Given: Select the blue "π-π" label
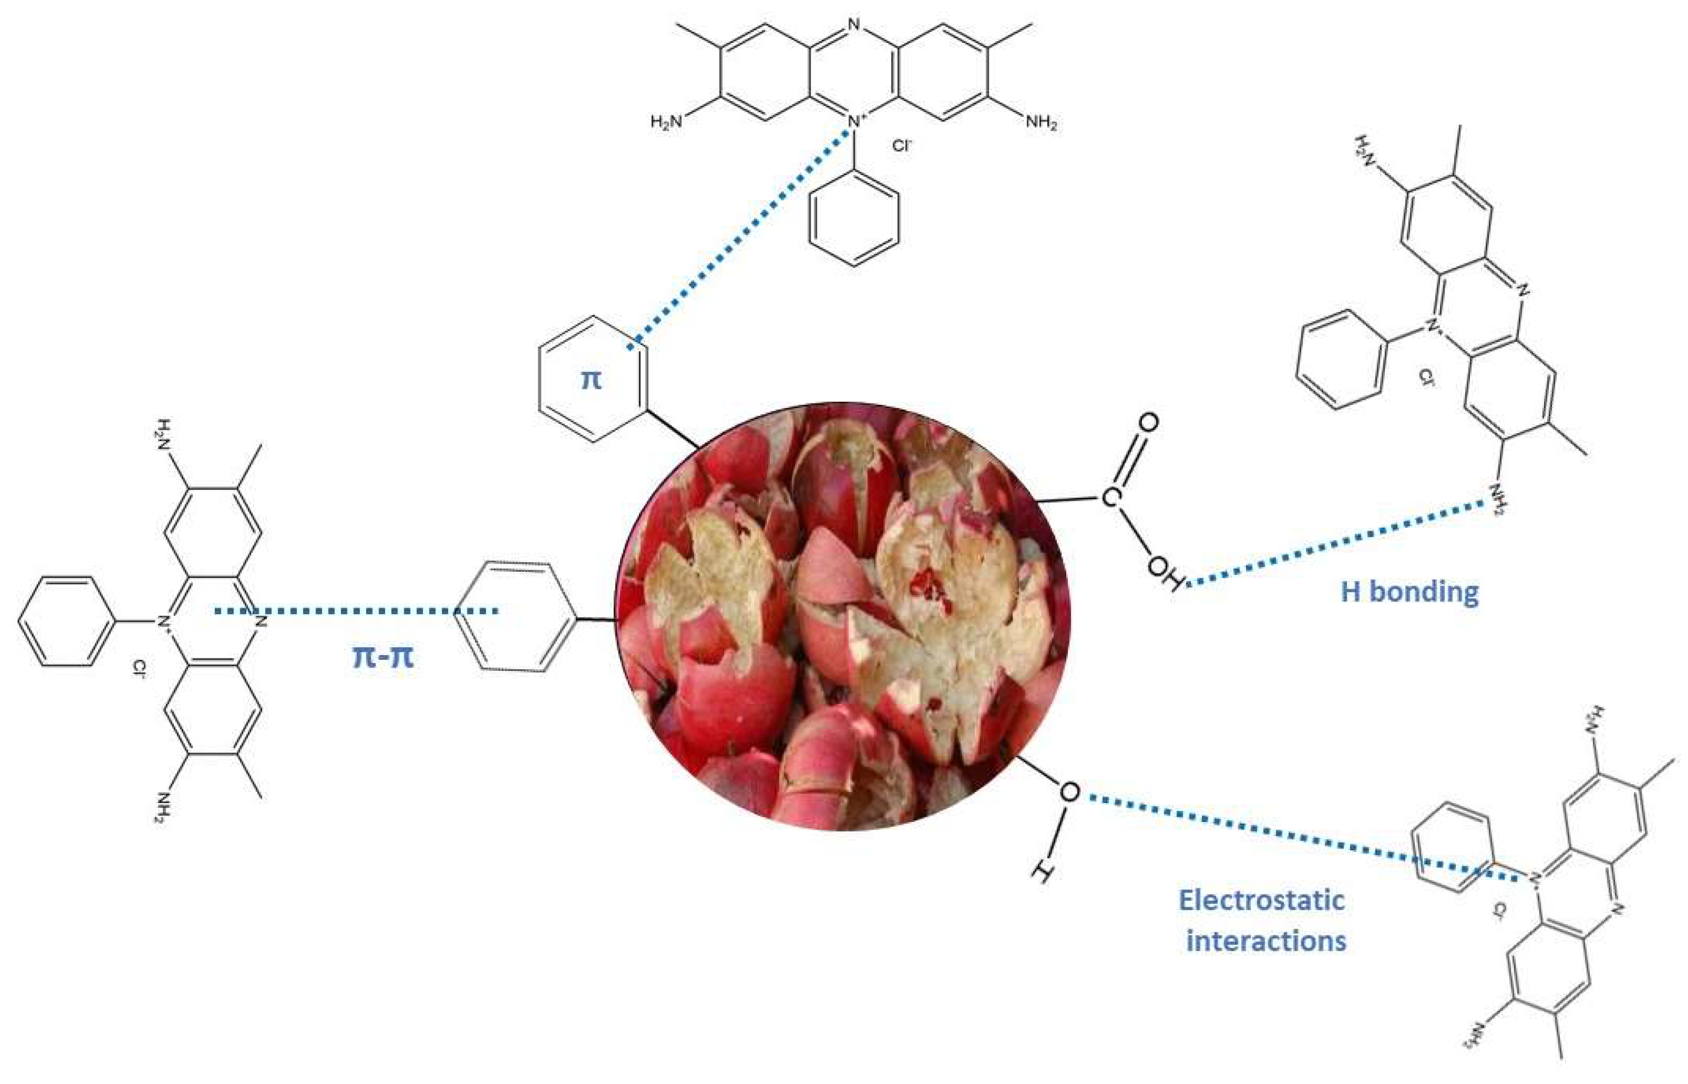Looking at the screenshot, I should pos(382,657).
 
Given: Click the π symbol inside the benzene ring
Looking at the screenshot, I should pos(591,380).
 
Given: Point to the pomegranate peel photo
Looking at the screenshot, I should pos(843,616).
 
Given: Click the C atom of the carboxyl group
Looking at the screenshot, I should pos(1110,498).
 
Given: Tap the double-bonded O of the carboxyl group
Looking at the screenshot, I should pos(1147,423).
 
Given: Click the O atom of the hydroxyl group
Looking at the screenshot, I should pos(1069,792).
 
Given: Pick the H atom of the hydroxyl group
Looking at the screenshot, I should pos(1043,873).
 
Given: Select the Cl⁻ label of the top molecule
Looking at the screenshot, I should pos(902,146).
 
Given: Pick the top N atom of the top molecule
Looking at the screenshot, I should pos(854,26).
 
